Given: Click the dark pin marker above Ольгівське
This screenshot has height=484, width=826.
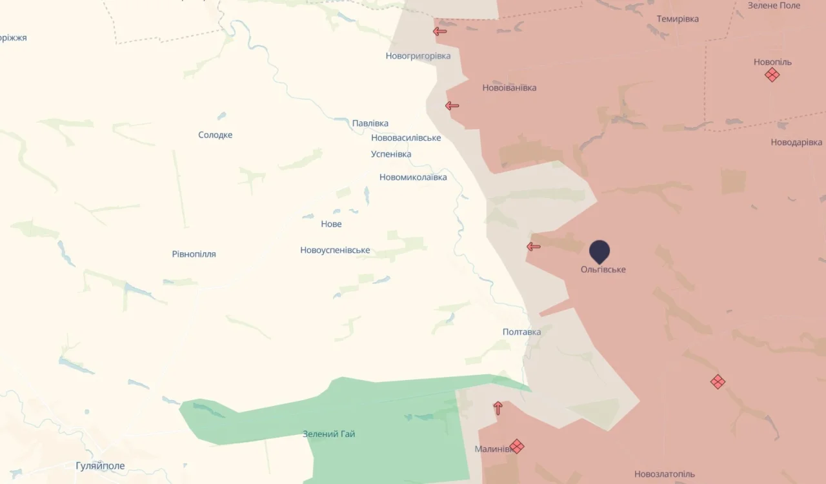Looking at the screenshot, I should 599,250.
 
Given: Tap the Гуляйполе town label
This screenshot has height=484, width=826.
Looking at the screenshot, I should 100,465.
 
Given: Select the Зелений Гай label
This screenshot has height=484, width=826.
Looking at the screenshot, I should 328,434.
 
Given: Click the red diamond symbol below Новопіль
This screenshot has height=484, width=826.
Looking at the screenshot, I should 772,75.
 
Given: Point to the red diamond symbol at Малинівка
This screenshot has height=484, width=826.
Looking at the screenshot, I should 516,446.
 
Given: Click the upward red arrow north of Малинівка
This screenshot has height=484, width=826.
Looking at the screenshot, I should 498,408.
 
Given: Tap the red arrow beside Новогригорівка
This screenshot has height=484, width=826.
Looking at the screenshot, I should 440,31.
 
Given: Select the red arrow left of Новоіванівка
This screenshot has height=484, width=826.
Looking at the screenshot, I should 452,106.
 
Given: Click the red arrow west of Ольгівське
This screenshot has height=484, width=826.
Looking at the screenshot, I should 533,247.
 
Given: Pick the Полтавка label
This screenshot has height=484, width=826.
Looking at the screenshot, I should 521,332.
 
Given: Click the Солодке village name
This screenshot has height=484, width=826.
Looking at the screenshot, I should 215,135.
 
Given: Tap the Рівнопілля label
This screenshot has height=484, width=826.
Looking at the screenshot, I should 194,254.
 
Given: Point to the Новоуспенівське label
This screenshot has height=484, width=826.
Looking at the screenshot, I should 335,250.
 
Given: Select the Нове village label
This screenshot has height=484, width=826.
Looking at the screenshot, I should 331,224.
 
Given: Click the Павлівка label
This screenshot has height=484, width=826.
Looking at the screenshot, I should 370,123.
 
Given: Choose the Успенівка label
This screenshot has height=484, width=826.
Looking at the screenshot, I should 391,154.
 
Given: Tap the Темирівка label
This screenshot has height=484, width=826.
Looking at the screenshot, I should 678,19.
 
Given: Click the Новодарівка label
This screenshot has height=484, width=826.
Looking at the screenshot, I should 796,142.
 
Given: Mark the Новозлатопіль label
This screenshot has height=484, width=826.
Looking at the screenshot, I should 665,474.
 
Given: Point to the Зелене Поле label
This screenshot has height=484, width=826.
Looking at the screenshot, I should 774,6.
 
